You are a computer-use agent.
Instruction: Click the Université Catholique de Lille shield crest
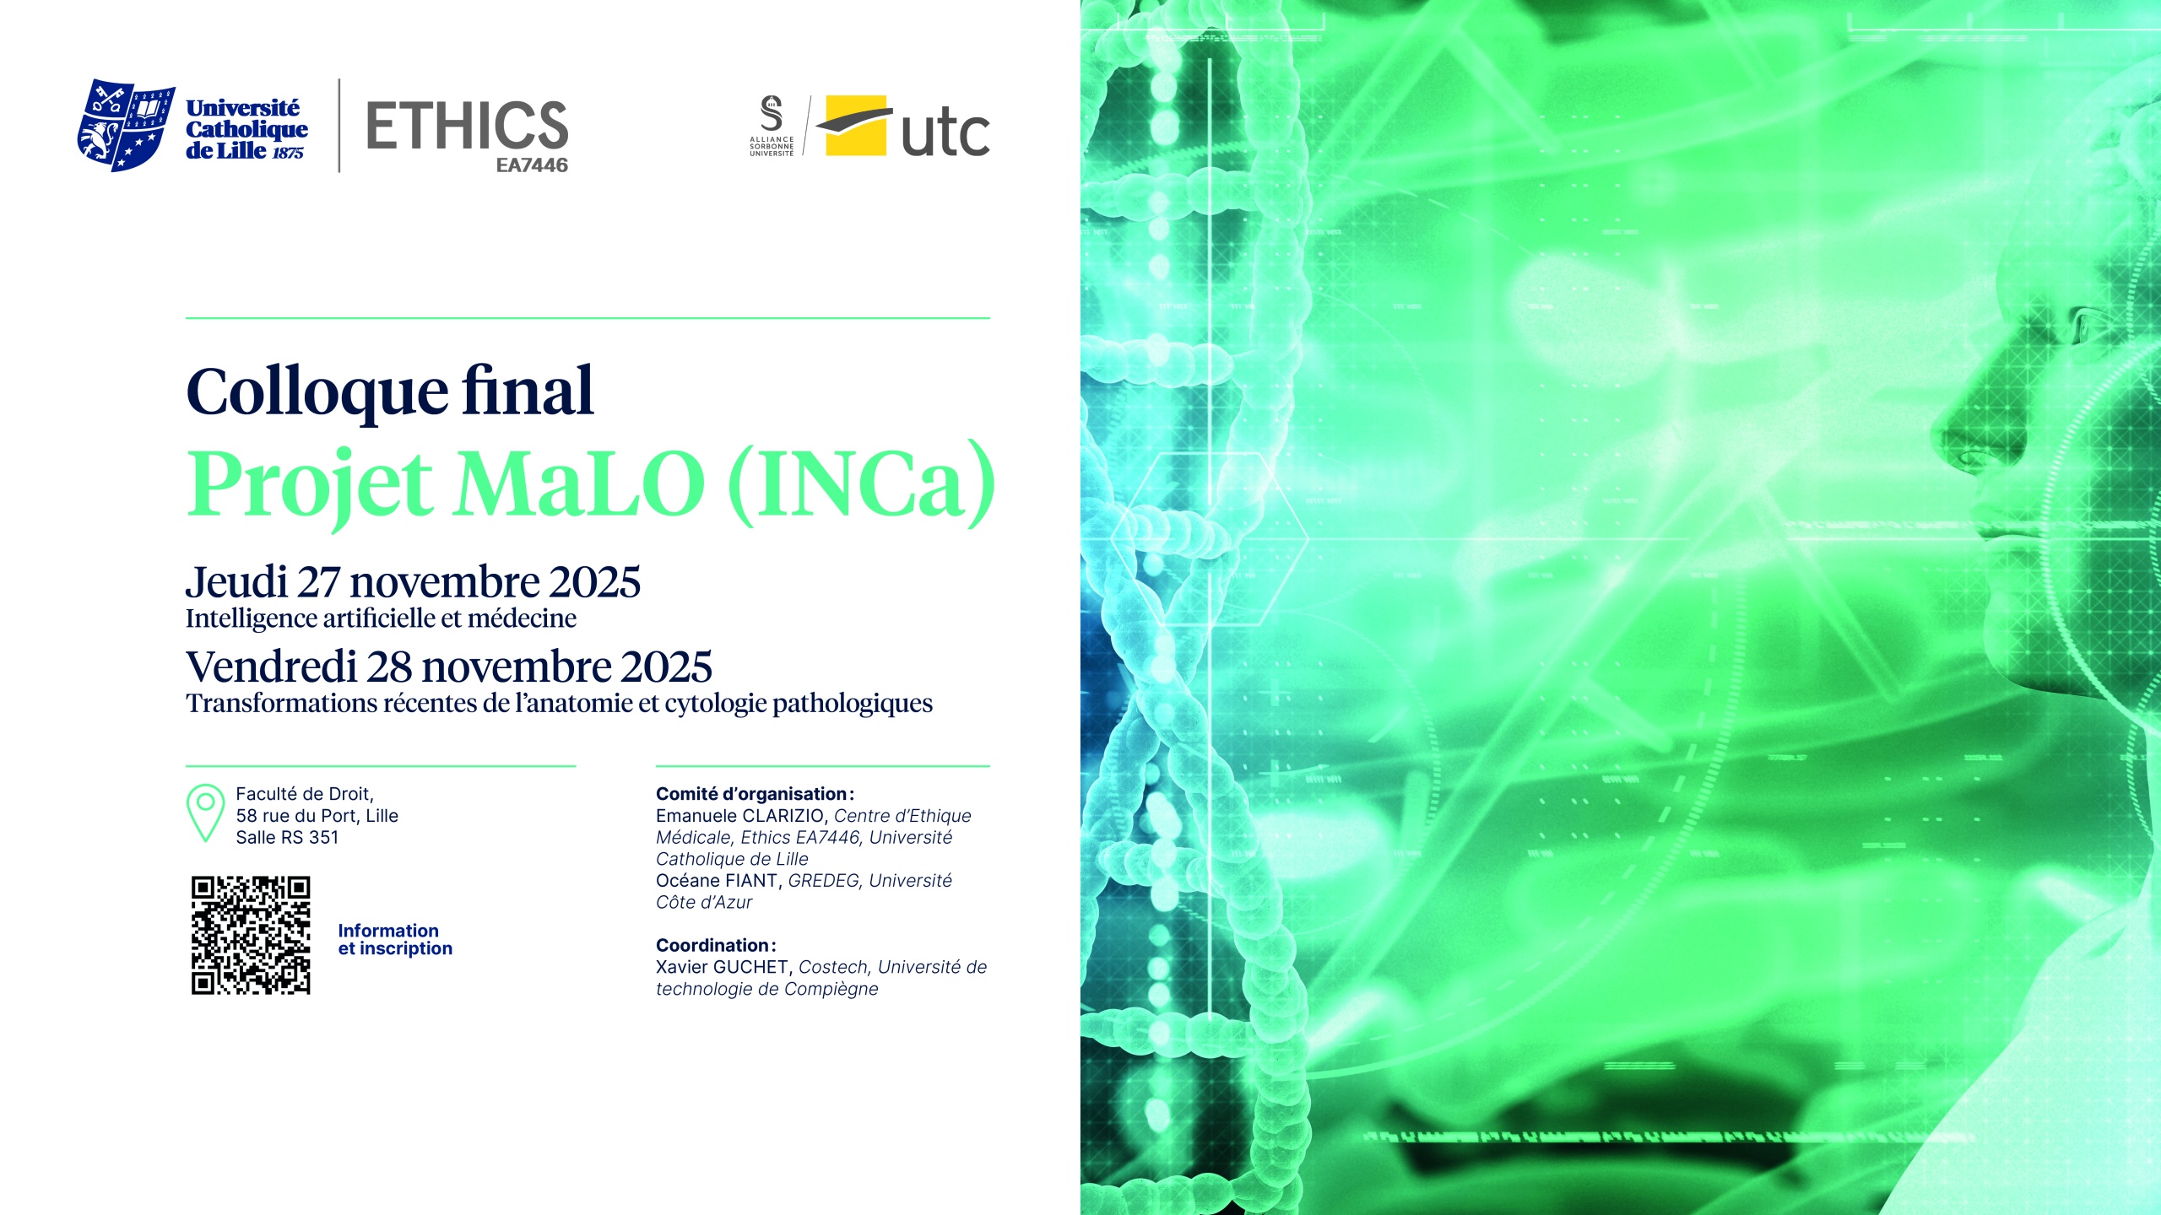(x=126, y=126)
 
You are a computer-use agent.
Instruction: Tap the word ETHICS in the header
(x=467, y=126)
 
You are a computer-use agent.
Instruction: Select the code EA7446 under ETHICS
(x=532, y=165)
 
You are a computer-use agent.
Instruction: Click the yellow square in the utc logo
(x=855, y=126)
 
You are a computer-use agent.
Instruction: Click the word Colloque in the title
(x=317, y=393)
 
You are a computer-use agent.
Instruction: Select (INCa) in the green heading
(x=861, y=484)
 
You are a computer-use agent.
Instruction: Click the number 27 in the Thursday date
(x=318, y=583)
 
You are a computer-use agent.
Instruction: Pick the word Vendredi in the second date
(x=272, y=667)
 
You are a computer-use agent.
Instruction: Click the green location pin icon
(x=205, y=813)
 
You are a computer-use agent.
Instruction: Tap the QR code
(x=251, y=936)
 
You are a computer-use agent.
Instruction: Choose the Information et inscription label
(x=395, y=940)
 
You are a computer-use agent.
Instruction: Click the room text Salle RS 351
(x=287, y=838)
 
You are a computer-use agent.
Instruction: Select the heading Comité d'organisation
(x=755, y=794)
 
